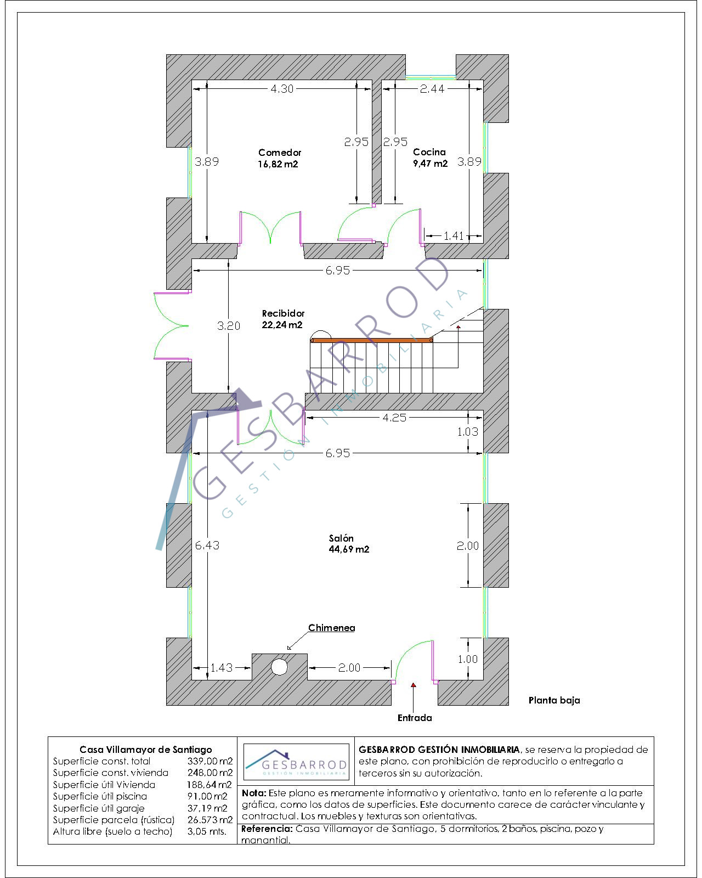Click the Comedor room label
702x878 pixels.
click(280, 153)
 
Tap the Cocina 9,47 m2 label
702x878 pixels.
click(430, 158)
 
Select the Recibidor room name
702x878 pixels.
click(283, 313)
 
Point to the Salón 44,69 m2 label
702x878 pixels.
click(349, 544)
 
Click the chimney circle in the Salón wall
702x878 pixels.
click(279, 667)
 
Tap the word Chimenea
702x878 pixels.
click(332, 628)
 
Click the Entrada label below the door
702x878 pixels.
click(415, 718)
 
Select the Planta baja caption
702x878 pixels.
click(554, 700)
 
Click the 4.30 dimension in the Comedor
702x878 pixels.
click(282, 88)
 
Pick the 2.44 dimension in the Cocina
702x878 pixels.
click(432, 88)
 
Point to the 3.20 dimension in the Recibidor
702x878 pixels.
click(229, 325)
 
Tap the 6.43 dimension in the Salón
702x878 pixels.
click(207, 545)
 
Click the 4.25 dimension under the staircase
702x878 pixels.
click(394, 418)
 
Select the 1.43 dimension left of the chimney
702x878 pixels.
click(221, 667)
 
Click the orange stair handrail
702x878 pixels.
click(371, 340)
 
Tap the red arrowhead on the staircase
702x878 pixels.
click(458, 327)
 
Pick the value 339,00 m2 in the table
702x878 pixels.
click(210, 761)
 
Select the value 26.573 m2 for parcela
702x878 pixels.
click(210, 820)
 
